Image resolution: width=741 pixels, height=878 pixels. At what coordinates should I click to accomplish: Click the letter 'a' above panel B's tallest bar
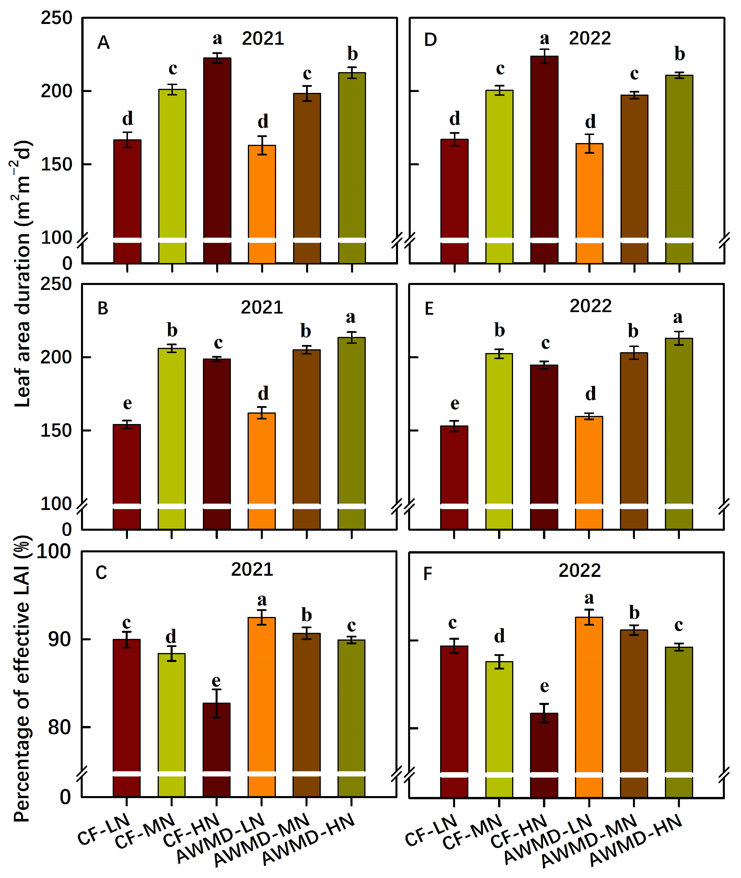click(351, 317)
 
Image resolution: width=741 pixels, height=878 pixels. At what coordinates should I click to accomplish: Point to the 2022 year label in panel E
click(590, 306)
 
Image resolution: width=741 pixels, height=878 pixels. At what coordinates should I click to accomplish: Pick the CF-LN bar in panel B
click(127, 462)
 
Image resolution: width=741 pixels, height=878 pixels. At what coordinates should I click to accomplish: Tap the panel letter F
click(428, 574)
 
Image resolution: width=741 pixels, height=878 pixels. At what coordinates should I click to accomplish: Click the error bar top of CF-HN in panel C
click(216, 690)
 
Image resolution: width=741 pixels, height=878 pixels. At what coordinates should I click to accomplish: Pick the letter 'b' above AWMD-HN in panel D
click(680, 54)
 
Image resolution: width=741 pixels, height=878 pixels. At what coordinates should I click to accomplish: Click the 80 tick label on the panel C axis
click(59, 727)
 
